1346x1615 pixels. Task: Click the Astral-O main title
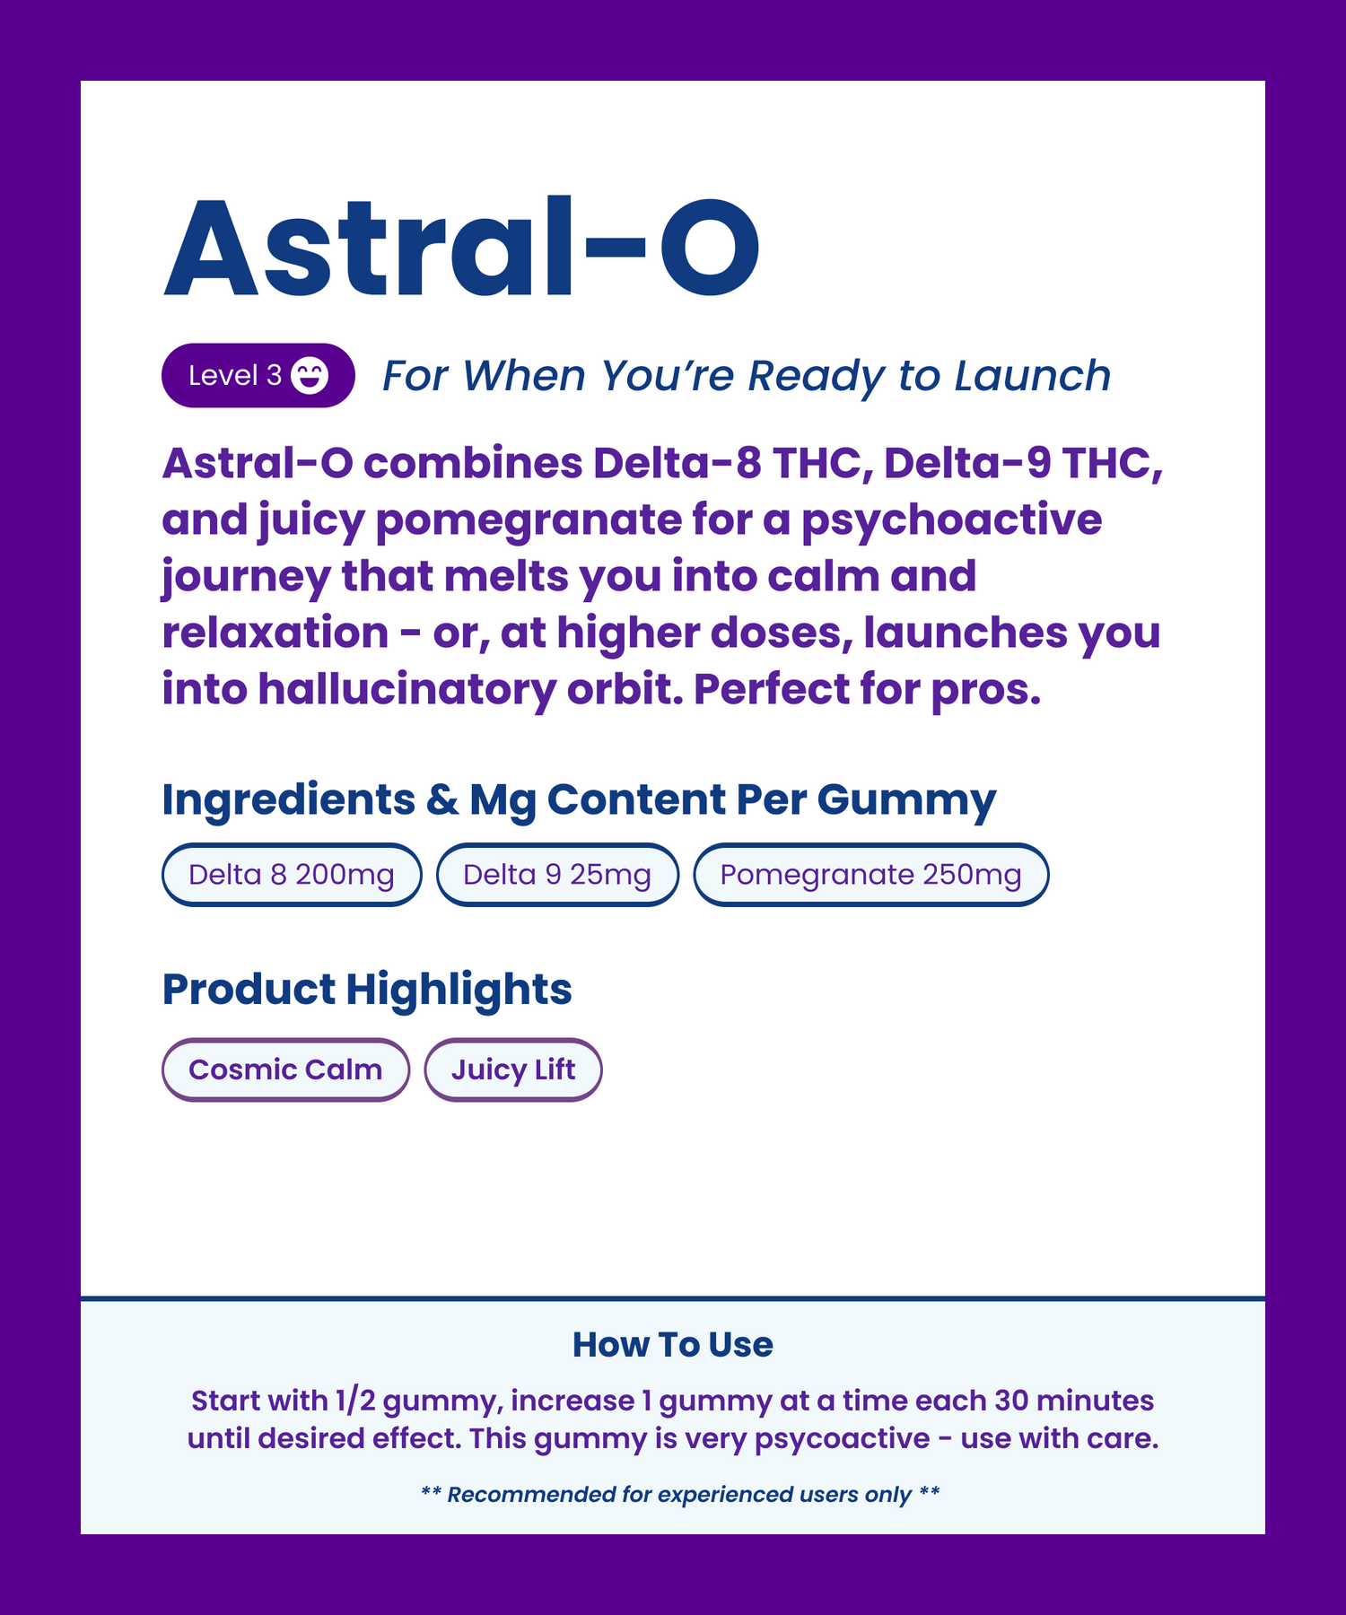461,248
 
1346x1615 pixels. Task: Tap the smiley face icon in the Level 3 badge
310,376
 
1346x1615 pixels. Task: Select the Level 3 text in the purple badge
235,376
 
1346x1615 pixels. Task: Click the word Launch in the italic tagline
1033,376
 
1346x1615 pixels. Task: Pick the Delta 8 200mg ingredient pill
292,875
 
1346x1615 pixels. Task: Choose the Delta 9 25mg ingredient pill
557,875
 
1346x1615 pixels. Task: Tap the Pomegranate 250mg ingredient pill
870,875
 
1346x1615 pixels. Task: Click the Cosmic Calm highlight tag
285,1069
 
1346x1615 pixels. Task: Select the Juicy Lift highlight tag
512,1069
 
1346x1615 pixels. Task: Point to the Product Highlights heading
367,990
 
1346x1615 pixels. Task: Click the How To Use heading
673,1345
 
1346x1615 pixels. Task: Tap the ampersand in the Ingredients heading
442,799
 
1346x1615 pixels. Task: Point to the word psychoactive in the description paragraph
951,521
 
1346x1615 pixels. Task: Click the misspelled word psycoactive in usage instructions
842,1439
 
